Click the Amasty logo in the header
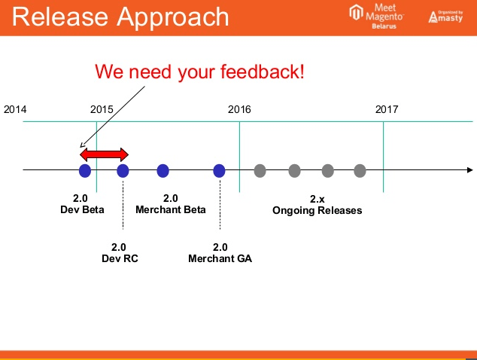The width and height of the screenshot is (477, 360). coord(445,17)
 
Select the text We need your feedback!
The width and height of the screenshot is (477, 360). coord(199,72)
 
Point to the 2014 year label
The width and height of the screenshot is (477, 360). coord(15,109)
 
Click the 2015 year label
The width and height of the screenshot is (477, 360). coord(102,109)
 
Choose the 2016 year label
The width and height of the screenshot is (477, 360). coord(239,109)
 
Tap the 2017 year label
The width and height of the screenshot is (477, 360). coord(387,109)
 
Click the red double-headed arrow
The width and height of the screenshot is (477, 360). coord(105,154)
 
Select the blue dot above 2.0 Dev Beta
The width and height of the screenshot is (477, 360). coord(85,171)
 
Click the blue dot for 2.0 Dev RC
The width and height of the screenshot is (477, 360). coord(123,171)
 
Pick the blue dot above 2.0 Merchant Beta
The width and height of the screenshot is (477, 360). coord(163,171)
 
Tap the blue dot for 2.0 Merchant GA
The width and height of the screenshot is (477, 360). coord(219,171)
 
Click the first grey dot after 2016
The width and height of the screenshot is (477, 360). coord(260,171)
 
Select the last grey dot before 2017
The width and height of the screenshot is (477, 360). coord(360,171)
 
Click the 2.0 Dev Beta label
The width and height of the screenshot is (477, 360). coord(82,204)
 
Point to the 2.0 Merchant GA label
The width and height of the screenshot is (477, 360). coord(220,253)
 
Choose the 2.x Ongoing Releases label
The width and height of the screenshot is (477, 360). coord(317,205)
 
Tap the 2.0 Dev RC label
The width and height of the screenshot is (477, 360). coord(119,253)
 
